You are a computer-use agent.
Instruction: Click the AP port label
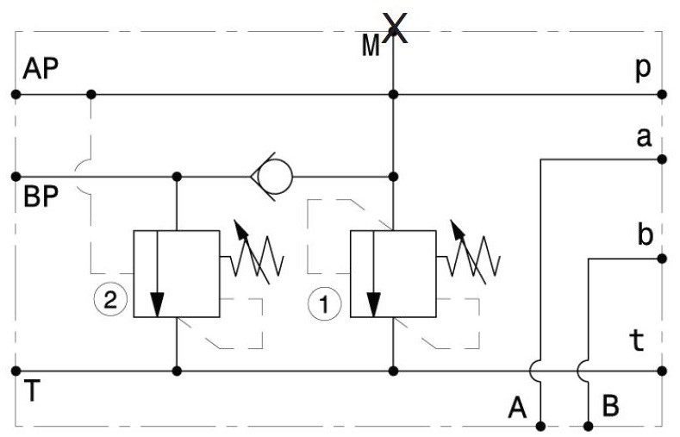tap(41, 69)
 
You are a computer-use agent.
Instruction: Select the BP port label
tap(41, 197)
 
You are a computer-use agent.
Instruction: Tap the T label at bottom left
tap(32, 390)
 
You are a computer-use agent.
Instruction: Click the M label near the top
tap(371, 46)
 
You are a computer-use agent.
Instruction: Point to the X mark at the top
tap(395, 28)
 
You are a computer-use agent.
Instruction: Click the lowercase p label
tap(643, 69)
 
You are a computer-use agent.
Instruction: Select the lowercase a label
tap(644, 137)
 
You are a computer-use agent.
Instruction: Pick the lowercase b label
tap(646, 234)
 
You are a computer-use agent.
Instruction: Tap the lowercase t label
tap(637, 340)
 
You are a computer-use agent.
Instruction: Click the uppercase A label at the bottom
tap(517, 408)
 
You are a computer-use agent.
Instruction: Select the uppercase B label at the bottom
tap(610, 406)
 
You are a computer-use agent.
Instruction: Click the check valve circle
tap(275, 177)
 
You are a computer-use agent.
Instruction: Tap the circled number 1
tap(325, 303)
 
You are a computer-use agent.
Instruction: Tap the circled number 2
tap(110, 299)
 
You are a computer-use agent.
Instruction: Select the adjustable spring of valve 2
tap(256, 256)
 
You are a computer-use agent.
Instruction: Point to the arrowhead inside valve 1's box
tap(373, 305)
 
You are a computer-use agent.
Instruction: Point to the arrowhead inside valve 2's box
tap(157, 305)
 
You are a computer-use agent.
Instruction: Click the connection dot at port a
tap(662, 159)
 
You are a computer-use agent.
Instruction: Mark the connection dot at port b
tap(662, 259)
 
